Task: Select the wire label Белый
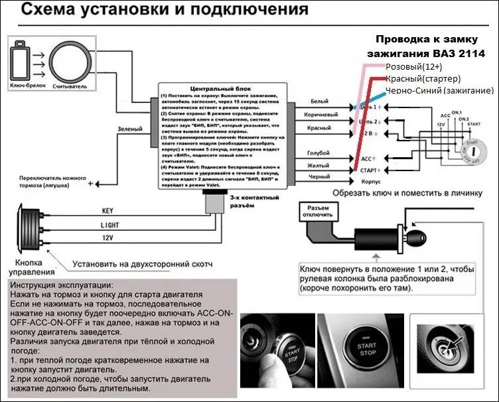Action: coord(320,101)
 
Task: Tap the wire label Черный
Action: coord(319,177)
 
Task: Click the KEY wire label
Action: coord(107,211)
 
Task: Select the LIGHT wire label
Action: coord(109,226)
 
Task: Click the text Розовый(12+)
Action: coord(414,67)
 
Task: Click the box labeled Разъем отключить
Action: coord(316,212)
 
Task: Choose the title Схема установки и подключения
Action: coord(156,11)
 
